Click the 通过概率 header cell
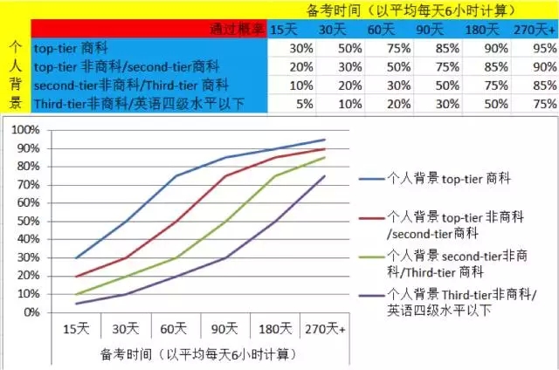(x=237, y=30)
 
